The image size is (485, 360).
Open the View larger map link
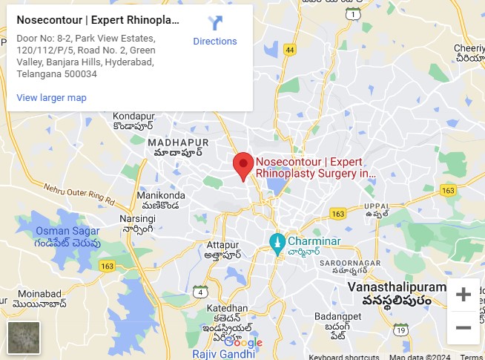pos(51,97)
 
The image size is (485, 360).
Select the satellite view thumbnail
pos(24,337)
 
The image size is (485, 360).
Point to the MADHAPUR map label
pos(178,142)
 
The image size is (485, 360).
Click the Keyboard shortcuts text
pos(343,356)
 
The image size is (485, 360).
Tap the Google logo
pos(243,342)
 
